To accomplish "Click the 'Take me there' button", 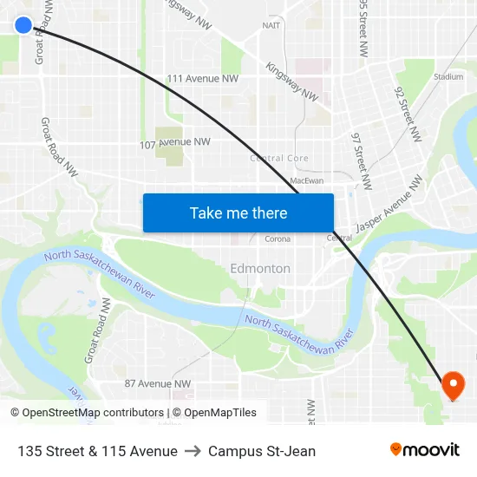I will [238, 212].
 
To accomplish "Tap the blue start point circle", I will [23, 25].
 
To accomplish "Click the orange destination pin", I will [453, 384].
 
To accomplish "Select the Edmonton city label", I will [260, 269].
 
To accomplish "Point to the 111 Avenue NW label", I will [202, 78].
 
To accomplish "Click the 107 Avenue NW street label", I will [175, 142].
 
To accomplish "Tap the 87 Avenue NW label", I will [157, 383].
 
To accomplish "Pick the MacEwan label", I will [307, 180].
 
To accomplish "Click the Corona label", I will [278, 238].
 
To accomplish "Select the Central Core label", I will [279, 159].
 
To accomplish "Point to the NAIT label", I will [271, 25].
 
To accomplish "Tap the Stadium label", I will [448, 77].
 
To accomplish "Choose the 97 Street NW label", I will [362, 160].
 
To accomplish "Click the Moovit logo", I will [425, 450].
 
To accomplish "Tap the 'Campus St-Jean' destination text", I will [262, 451].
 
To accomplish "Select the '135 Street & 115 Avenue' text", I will [97, 451].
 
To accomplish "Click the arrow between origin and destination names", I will [193, 451].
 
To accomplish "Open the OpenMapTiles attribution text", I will [214, 413].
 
